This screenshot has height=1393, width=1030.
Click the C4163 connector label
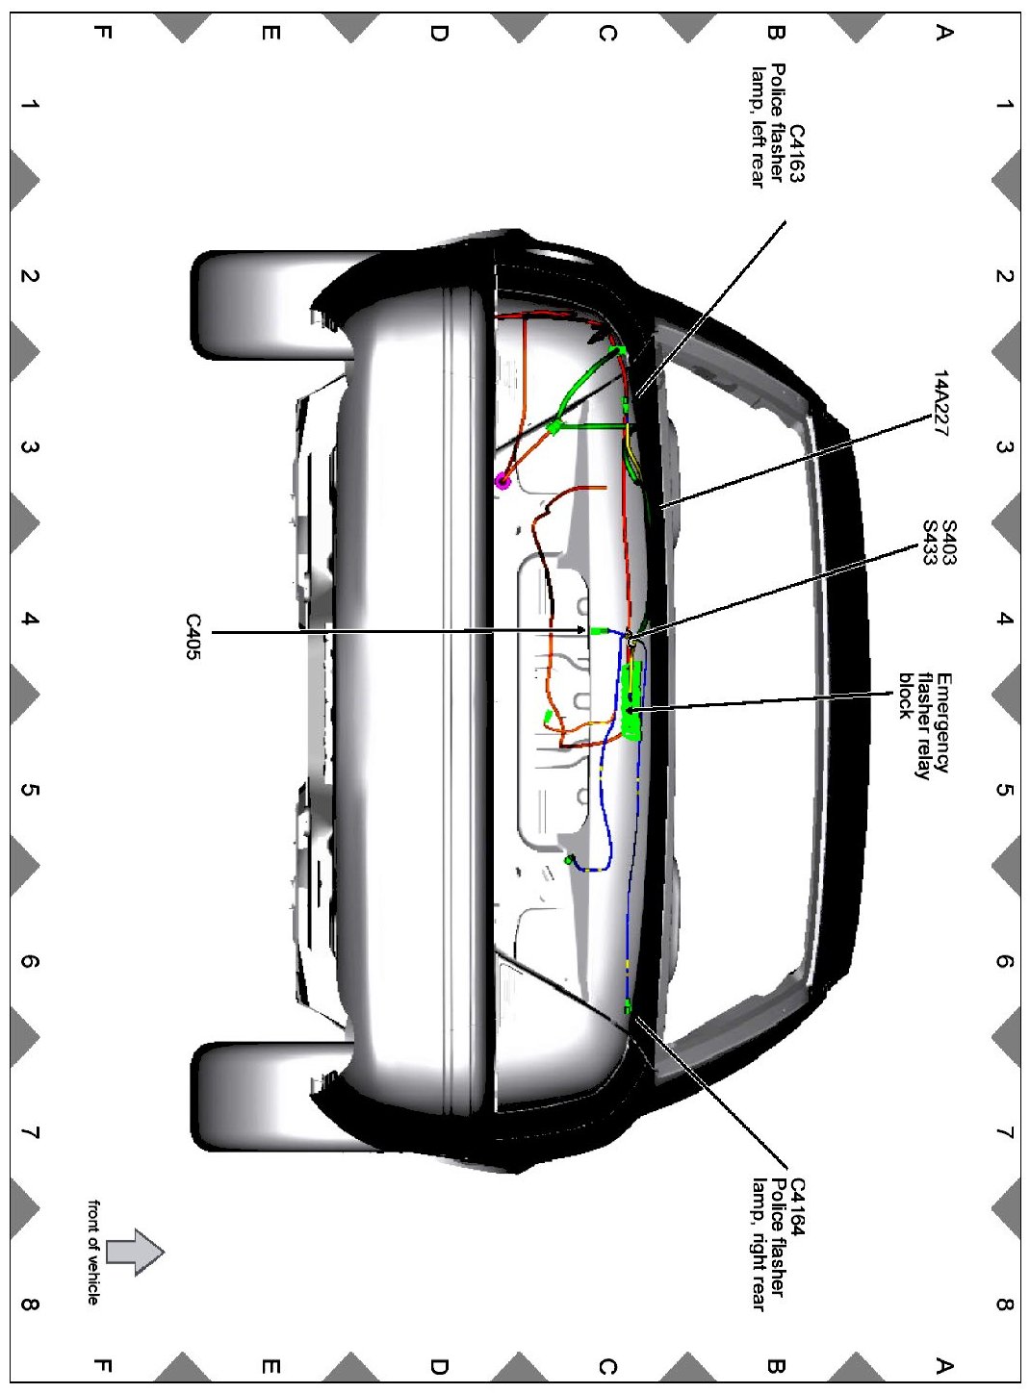(x=796, y=153)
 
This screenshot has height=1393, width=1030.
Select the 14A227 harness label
(x=940, y=403)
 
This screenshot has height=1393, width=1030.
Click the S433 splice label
(x=930, y=543)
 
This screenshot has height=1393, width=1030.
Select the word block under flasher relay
(x=905, y=696)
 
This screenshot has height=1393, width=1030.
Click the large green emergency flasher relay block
(x=631, y=701)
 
